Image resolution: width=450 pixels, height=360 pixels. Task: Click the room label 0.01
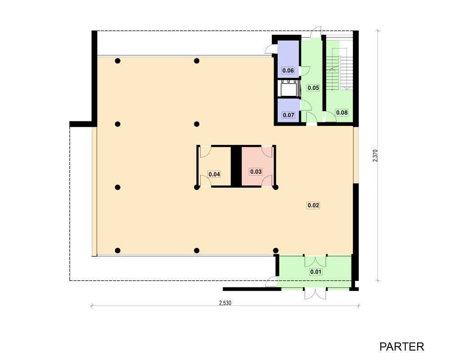point(316,272)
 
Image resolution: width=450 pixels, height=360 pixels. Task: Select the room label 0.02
point(313,205)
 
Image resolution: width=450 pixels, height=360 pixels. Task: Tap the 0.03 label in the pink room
point(256,171)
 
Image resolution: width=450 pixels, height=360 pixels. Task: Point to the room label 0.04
point(214,174)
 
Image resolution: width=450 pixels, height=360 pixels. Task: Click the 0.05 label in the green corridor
point(313,88)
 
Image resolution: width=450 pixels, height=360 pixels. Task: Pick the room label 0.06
point(288,71)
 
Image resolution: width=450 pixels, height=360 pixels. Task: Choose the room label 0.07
point(288,115)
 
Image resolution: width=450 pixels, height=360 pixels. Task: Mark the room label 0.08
point(342,112)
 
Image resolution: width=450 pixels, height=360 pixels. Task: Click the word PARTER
point(401,347)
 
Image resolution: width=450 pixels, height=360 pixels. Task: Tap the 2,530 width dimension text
point(225,303)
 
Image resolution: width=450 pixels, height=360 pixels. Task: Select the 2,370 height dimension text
point(375,156)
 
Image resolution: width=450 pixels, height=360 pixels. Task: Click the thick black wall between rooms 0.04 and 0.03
point(236,166)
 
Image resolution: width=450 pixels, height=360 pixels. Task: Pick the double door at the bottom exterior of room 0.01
point(315,294)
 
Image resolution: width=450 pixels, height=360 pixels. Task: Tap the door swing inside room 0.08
point(331,117)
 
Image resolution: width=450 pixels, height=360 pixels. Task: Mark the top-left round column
point(117,61)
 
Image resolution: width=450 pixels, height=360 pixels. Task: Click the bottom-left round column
point(117,251)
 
